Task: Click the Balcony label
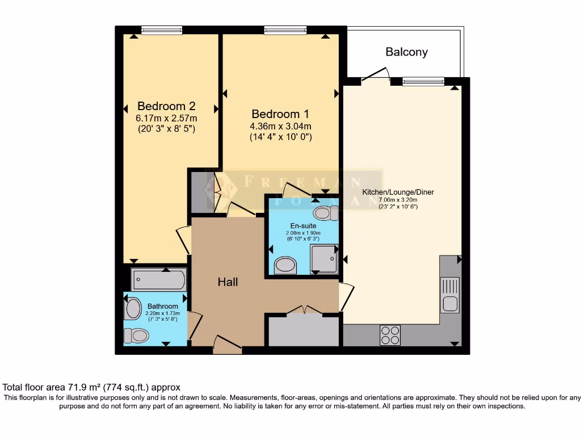[406, 52]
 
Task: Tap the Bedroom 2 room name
[166, 106]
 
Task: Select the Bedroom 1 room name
[281, 114]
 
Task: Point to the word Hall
[228, 282]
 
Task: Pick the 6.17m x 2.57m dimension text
[166, 118]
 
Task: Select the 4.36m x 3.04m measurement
[281, 126]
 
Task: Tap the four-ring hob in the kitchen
[390, 335]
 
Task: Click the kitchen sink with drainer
[450, 295]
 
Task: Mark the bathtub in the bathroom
[159, 279]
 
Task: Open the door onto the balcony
[375, 76]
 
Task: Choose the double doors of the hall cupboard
[304, 311]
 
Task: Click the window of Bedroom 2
[162, 30]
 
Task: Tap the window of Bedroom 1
[285, 30]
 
